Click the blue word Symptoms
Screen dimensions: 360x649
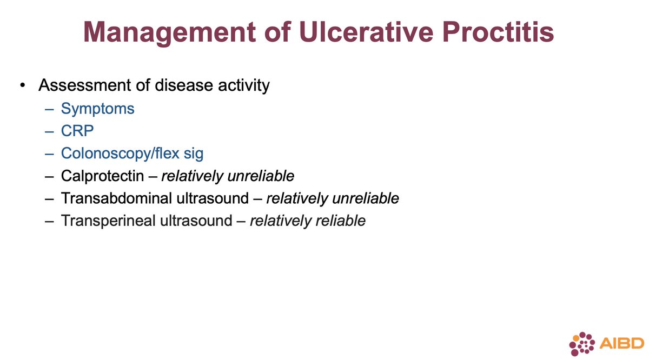click(97, 109)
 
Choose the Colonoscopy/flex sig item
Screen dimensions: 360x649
click(132, 154)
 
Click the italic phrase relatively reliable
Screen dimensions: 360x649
click(307, 221)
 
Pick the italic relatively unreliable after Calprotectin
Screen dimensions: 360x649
click(228, 176)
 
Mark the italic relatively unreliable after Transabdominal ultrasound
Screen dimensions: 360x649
click(332, 198)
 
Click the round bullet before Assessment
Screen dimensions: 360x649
click(22, 86)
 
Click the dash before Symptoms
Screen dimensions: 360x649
click(50, 109)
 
